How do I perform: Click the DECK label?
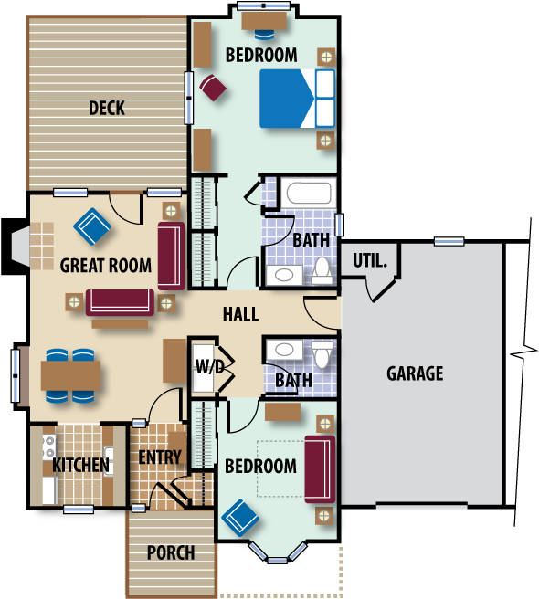107,109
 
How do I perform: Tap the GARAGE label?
415,373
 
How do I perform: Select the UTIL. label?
370,261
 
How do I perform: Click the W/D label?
208,368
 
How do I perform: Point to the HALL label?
240,315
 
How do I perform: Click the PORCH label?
171,552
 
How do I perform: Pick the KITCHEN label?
80,466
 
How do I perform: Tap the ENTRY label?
160,457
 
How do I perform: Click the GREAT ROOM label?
106,267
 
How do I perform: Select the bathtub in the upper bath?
308,194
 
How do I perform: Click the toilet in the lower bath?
323,353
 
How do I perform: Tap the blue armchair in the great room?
92,227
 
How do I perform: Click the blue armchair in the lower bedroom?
240,518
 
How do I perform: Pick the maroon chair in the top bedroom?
213,88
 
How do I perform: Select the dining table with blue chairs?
70,375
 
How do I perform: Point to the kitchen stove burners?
48,447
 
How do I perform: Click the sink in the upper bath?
284,275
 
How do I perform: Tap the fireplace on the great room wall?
21,247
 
